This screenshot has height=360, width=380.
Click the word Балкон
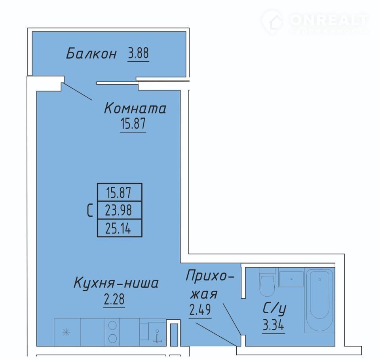pos(91,53)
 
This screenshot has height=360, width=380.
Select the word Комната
pos(135,108)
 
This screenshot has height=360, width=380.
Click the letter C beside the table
pos(90,210)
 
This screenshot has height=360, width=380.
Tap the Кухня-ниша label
pos(116,283)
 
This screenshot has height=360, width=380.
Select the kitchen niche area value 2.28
pos(114,299)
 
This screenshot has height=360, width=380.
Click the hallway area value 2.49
pos(200,310)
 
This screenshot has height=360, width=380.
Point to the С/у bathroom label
pos(274,309)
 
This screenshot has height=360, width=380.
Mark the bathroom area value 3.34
pos(274,325)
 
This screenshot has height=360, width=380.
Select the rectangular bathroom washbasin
pos(291,279)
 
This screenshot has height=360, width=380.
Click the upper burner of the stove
pos(112,325)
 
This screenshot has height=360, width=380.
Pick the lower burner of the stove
pos(112,338)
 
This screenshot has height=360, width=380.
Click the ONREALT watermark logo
pos(315,22)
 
